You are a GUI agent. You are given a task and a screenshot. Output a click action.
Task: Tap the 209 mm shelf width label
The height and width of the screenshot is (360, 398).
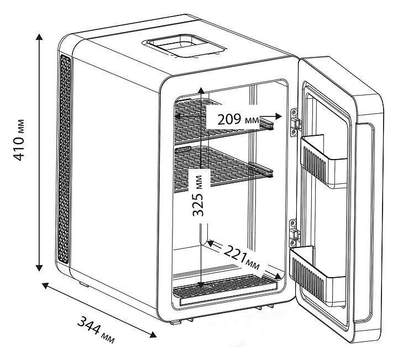[x=238, y=119]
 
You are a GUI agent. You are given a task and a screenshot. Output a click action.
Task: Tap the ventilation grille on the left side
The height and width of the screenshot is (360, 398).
[x=65, y=160]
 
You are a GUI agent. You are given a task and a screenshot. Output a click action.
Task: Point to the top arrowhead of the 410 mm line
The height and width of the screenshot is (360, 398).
[x=39, y=36]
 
